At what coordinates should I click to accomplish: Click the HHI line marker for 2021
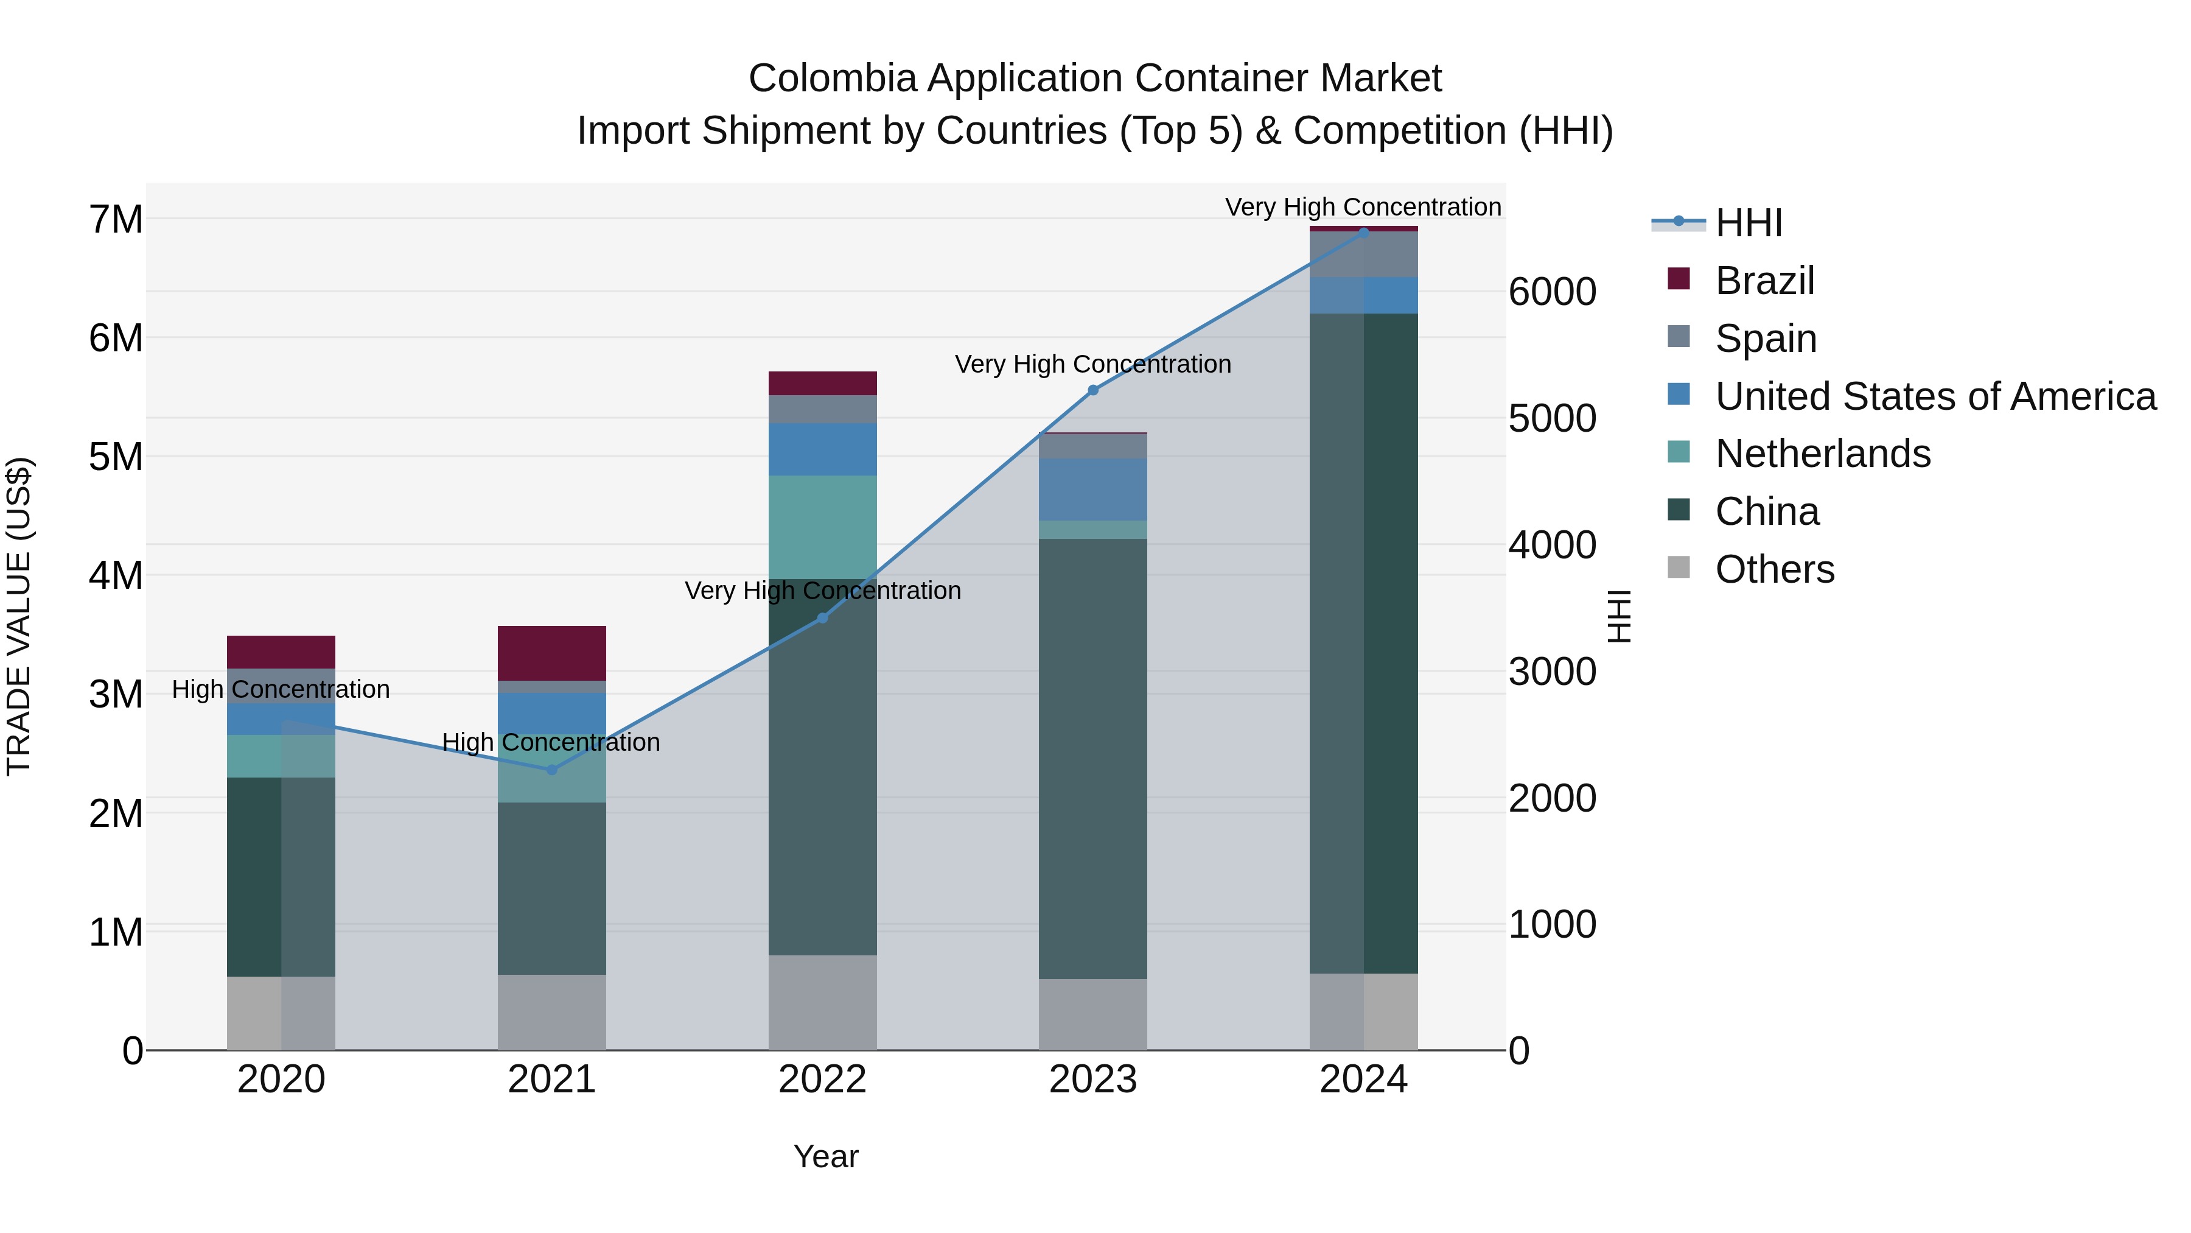point(551,769)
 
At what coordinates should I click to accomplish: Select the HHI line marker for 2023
point(1093,390)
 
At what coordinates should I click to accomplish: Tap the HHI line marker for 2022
point(822,618)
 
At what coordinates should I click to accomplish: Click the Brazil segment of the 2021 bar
point(551,653)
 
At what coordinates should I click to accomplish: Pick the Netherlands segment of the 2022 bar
point(822,527)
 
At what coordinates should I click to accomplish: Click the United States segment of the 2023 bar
point(1093,490)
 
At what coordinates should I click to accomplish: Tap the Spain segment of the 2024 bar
point(1363,253)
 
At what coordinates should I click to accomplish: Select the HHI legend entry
point(1748,223)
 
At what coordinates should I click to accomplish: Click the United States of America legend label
point(1935,396)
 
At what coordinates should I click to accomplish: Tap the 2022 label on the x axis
point(822,1080)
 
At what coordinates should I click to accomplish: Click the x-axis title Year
point(825,1156)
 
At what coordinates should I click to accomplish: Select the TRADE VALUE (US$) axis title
point(19,616)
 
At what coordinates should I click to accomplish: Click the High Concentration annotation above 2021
point(551,742)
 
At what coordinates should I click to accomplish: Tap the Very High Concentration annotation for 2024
point(1363,207)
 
